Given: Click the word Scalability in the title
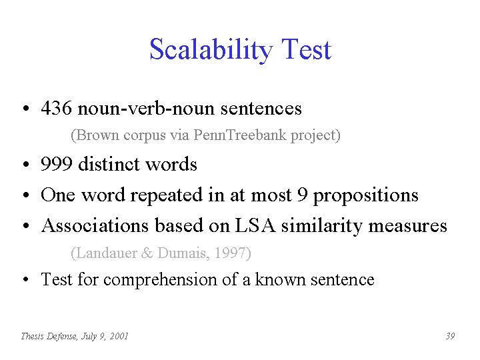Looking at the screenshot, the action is point(211,50).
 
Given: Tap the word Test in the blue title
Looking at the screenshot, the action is point(307,49).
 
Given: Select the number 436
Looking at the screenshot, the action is point(56,108).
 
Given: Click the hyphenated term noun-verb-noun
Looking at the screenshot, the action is point(146,109).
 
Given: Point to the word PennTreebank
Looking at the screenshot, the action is point(240,135).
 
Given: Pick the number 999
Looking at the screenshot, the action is point(57,163).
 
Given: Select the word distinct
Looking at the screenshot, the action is point(109,163).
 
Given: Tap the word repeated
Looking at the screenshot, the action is point(166,195).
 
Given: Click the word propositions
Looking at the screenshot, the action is point(365,196).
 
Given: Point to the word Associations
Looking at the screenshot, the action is point(95,225).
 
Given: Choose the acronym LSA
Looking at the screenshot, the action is point(255,225).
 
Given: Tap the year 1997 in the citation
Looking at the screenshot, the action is point(232,253).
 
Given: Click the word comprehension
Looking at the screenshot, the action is point(160,280).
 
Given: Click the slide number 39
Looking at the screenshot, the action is point(450,336).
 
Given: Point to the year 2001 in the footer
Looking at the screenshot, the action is point(119,336).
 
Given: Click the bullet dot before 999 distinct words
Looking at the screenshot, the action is point(26,164).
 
